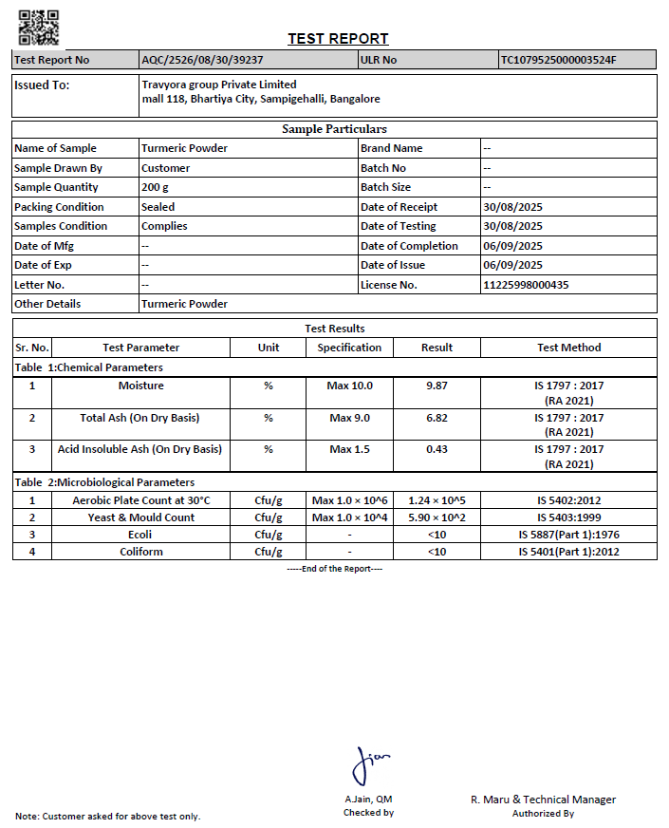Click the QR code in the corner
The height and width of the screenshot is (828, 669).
pos(39,28)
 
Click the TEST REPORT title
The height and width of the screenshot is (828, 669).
pos(338,39)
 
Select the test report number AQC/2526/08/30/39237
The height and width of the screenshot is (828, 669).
pos(202,60)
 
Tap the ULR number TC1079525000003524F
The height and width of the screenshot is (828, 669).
pos(559,60)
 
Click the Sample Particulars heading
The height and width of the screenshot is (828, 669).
pos(334,129)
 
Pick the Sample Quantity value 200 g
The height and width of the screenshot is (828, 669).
pos(156,187)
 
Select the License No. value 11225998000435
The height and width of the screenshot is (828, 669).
pos(526,285)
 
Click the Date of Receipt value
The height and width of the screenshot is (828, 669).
pos(512,207)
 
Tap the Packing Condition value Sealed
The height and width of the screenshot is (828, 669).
pos(158,207)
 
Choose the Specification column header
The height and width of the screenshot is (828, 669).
pos(349,348)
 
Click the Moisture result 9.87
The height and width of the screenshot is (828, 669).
pos(437,386)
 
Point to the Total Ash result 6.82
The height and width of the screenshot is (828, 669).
pos(437,418)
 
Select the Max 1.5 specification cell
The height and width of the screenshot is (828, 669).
pos(349,449)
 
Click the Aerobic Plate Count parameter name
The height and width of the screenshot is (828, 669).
pos(140,500)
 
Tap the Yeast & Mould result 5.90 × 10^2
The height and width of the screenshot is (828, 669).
pos(437,517)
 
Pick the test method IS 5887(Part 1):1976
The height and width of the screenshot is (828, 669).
pos(568,535)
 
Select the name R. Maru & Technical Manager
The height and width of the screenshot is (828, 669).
pos(543,800)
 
